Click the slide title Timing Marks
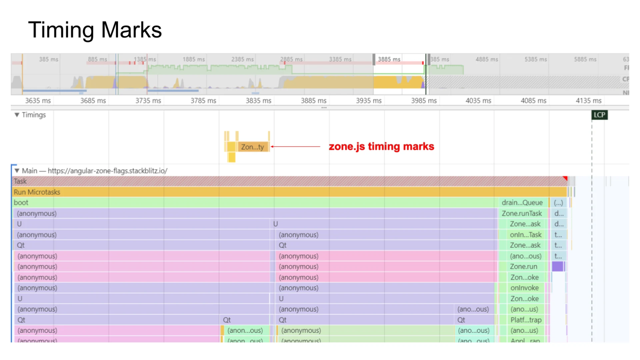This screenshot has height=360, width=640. tap(95, 30)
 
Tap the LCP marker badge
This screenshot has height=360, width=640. tap(599, 115)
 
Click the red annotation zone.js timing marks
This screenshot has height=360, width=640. tap(381, 146)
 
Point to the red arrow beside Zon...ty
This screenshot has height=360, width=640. tap(295, 146)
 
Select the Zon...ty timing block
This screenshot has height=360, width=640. tap(252, 147)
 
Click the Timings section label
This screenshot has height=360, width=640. tap(34, 115)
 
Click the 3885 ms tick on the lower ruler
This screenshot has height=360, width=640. tap(313, 101)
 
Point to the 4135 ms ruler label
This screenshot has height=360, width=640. tap(588, 101)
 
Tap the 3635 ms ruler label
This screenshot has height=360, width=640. tap(38, 101)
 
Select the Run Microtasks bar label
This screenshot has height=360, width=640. tap(37, 192)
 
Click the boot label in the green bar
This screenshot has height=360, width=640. tap(21, 203)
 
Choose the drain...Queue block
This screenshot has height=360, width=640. tap(522, 203)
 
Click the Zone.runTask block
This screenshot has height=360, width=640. tap(522, 213)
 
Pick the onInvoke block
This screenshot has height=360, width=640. tap(524, 288)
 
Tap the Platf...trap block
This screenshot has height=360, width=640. tap(526, 320)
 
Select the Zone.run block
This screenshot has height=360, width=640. tap(523, 267)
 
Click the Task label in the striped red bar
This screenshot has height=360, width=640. tap(20, 181)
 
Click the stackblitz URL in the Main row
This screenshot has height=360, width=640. tap(107, 171)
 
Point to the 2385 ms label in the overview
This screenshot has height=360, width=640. tap(242, 59)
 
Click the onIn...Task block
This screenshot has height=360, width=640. tap(525, 235)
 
